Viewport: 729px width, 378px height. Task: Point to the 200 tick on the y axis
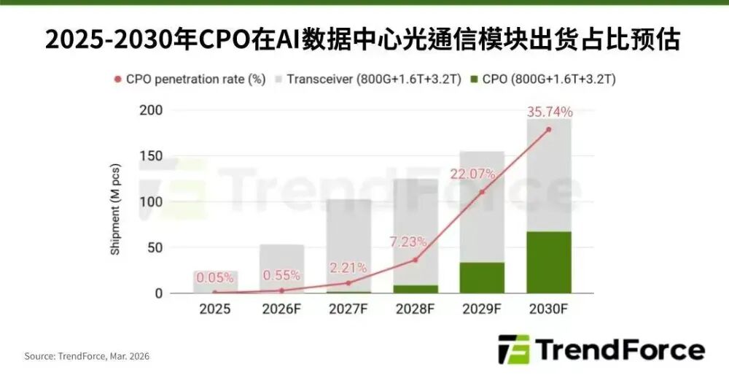(151, 111)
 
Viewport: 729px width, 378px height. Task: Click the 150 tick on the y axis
(151, 156)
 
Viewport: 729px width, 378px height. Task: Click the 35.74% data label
(548, 112)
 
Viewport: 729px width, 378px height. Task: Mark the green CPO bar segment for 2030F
(548, 263)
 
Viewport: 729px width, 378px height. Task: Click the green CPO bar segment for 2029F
(481, 278)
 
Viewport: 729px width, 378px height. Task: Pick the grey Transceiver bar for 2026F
(282, 263)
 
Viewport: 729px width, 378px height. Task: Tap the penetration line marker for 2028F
(415, 260)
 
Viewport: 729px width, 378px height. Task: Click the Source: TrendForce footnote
(87, 356)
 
